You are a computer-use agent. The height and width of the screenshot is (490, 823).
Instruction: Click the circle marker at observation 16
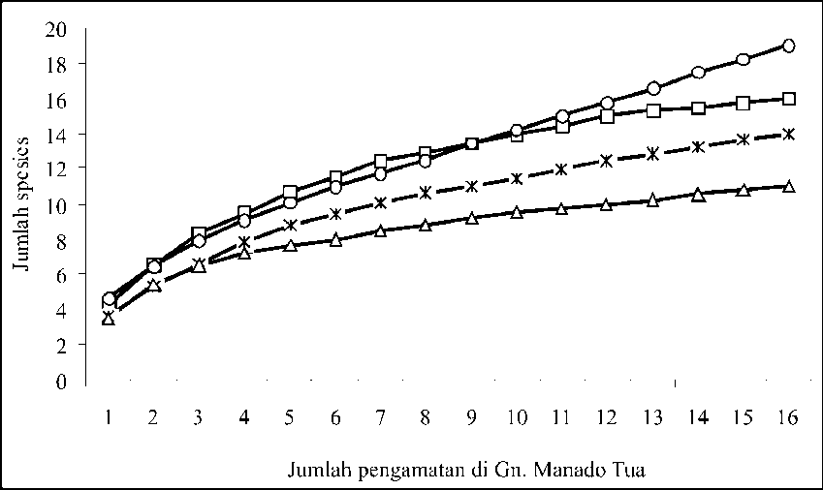pyautogui.click(x=788, y=46)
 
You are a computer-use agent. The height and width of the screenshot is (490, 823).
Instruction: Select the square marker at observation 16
pyautogui.click(x=788, y=99)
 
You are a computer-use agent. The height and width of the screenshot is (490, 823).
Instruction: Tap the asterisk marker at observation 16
pyautogui.click(x=788, y=134)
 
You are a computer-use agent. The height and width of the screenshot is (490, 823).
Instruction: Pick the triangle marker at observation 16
pyautogui.click(x=788, y=186)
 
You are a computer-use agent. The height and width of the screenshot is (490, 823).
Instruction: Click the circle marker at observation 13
pyautogui.click(x=652, y=89)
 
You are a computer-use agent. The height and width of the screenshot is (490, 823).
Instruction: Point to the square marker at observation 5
pyautogui.click(x=289, y=193)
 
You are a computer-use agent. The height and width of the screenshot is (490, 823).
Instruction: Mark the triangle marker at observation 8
pyautogui.click(x=425, y=226)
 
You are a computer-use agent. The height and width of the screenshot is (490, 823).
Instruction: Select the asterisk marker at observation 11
pyautogui.click(x=561, y=169)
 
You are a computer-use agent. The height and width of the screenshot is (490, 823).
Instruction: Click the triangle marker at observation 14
pyautogui.click(x=698, y=195)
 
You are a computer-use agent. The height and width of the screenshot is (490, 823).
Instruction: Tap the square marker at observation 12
pyautogui.click(x=607, y=116)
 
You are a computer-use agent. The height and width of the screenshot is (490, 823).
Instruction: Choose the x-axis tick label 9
pyautogui.click(x=471, y=417)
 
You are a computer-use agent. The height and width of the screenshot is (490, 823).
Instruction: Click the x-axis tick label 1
pyautogui.click(x=108, y=417)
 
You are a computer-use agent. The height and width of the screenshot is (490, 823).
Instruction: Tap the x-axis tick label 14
pyautogui.click(x=698, y=417)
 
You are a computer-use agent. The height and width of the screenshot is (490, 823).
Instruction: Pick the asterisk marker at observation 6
pyautogui.click(x=335, y=214)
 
